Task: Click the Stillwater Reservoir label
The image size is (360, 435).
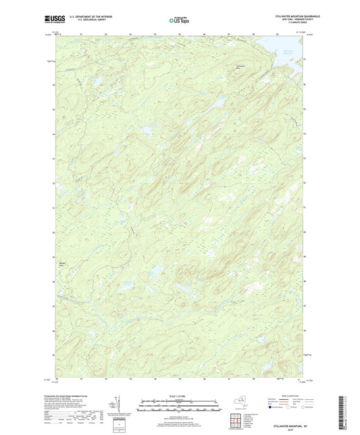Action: pos(288,51)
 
